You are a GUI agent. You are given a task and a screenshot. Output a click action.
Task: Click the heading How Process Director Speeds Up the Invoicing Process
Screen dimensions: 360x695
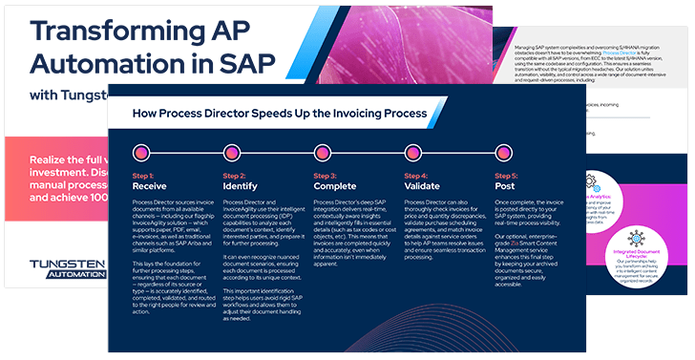[277, 113]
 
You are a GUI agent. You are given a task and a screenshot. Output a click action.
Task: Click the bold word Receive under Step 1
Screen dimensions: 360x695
[149, 186]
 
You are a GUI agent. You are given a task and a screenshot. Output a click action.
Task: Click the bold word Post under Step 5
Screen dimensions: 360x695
[506, 186]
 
